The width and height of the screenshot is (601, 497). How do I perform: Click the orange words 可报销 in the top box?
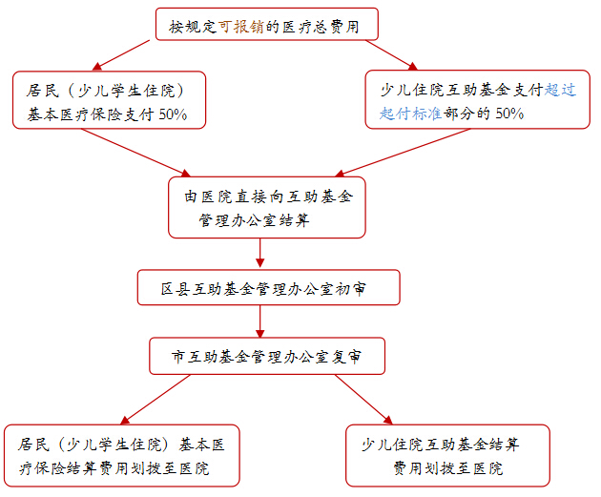(241, 27)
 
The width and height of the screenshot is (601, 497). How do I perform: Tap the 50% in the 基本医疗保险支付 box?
(173, 114)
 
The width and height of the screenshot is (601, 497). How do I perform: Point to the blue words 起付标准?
(410, 114)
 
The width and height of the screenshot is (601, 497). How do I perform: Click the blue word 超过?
(560, 90)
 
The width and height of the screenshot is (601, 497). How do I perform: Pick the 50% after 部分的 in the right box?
(509, 114)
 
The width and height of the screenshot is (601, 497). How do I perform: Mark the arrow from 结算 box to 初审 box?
(259, 253)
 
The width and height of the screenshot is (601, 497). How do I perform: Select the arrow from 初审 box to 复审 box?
(259, 321)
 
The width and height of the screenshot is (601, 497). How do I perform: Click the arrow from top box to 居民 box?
(121, 55)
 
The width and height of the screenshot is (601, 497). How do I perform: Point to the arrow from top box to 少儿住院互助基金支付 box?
(391, 55)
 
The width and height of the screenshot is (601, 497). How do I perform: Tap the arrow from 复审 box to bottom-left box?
(155, 400)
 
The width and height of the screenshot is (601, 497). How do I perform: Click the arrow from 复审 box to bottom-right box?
(363, 400)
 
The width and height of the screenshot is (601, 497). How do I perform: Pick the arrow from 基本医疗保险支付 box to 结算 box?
(135, 153)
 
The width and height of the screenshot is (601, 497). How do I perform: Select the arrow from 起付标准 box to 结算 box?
(403, 153)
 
